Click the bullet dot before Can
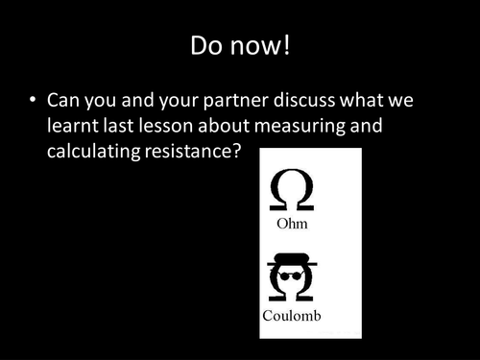(x=33, y=100)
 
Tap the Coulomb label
(x=293, y=315)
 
